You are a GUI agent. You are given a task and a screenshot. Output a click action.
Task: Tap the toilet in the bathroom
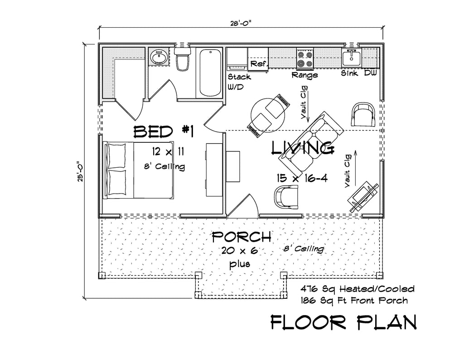click(x=182, y=59)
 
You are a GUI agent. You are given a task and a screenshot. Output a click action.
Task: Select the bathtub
click(x=210, y=73)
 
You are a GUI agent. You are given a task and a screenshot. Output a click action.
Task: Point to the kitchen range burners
click(x=305, y=58)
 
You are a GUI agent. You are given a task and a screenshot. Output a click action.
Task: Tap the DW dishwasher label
click(x=370, y=73)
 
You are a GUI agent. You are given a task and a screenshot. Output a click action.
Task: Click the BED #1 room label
click(x=164, y=131)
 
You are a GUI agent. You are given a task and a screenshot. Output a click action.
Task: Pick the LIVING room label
click(x=303, y=148)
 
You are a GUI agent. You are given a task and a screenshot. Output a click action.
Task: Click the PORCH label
click(x=242, y=236)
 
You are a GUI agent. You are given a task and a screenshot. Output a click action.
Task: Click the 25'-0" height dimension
click(x=81, y=171)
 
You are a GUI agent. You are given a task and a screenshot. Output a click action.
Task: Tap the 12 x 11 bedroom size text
click(x=168, y=151)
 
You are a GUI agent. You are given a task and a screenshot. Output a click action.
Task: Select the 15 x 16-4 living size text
click(x=302, y=178)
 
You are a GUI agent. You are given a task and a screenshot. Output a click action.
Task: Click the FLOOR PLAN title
click(x=343, y=322)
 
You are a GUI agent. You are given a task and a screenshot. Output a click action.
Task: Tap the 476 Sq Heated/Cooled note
click(x=358, y=288)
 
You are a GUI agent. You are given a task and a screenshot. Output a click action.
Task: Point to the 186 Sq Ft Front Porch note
click(x=354, y=301)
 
